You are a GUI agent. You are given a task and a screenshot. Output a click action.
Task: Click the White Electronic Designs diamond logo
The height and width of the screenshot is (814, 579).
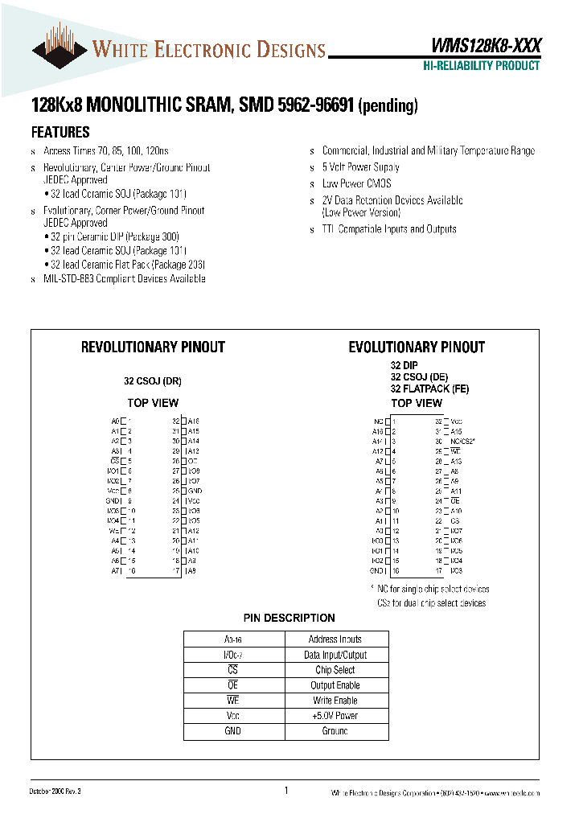pos(60,47)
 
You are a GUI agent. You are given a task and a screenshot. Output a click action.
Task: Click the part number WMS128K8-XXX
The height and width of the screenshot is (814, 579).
pos(481,46)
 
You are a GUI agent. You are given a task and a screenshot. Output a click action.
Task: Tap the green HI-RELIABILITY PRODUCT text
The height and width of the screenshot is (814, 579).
pos(481,66)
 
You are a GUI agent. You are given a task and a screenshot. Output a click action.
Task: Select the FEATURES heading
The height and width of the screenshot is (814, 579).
pos(60,133)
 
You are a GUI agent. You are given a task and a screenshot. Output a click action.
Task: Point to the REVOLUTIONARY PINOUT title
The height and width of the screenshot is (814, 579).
pos(153,347)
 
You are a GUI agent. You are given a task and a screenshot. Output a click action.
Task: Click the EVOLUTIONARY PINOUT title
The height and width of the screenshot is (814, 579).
pos(416,347)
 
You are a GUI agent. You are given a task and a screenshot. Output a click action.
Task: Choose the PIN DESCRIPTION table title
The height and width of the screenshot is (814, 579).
pos(289,618)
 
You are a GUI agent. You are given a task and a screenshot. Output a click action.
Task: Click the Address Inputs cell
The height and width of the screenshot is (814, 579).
pos(335,639)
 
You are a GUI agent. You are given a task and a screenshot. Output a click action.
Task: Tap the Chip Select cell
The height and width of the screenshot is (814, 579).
pos(335,670)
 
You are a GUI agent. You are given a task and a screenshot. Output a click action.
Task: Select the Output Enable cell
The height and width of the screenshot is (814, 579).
pos(335,685)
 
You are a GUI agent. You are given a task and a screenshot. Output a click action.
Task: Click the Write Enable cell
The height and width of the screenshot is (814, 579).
pos(335,701)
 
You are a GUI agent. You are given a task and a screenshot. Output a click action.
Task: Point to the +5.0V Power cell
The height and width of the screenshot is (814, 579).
pos(335,716)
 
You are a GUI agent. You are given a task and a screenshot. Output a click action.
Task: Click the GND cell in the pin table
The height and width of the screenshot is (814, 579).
pos(233,731)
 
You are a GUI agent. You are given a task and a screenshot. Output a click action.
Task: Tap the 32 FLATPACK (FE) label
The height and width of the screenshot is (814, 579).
pos(429,389)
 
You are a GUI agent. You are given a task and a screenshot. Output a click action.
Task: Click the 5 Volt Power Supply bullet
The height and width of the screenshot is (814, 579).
pos(360,167)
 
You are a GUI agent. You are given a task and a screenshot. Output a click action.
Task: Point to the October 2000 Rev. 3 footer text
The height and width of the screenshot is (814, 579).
pos(56,792)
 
